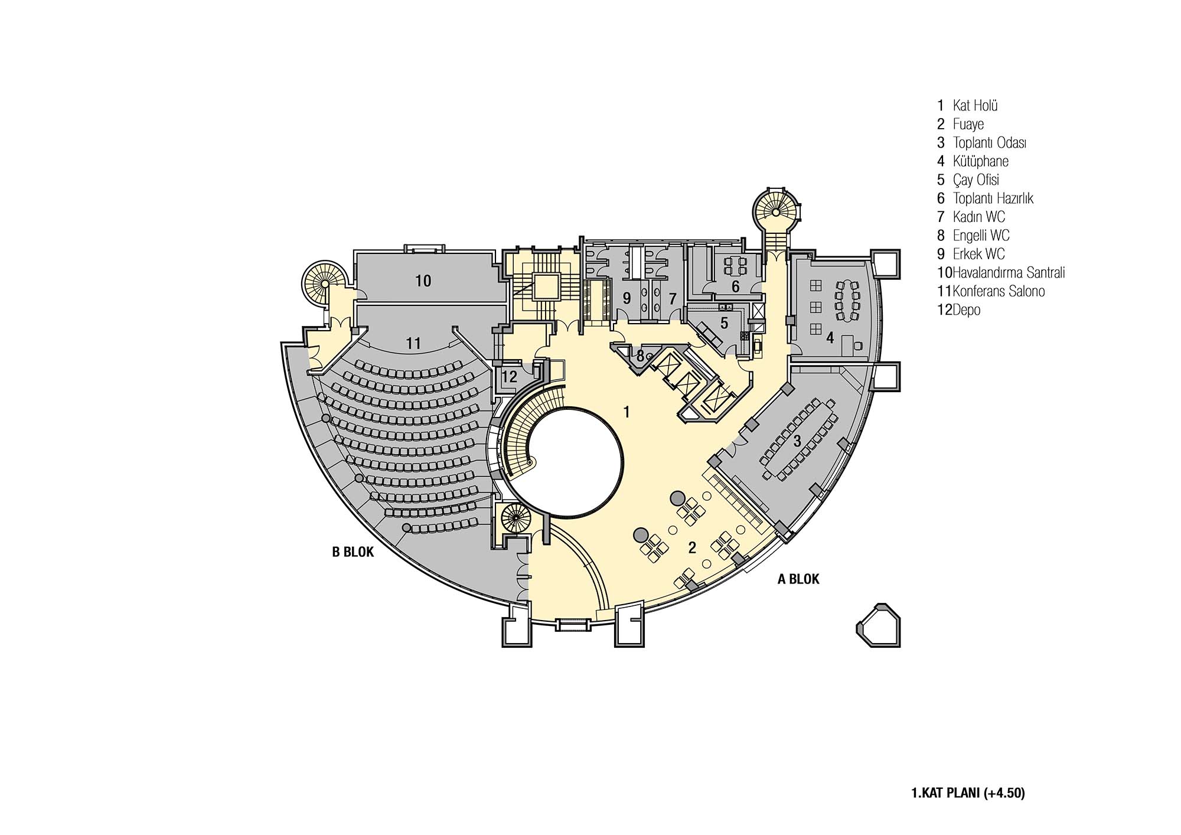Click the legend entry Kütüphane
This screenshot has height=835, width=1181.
(980, 161)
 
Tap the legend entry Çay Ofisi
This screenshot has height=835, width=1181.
(976, 180)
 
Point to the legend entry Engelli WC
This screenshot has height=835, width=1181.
(981, 236)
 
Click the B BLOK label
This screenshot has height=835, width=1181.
(353, 552)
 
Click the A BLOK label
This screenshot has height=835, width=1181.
(798, 579)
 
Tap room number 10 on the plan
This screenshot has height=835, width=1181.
(423, 281)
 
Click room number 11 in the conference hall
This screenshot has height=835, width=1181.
(413, 343)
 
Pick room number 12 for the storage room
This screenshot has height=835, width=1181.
(509, 376)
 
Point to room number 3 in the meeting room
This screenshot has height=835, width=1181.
(797, 441)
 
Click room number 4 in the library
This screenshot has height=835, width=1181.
(830, 338)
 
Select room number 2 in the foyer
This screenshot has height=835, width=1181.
(692, 548)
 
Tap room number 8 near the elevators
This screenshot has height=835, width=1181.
(640, 356)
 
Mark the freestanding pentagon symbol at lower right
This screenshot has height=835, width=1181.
(879, 625)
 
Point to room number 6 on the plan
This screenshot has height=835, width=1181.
(735, 287)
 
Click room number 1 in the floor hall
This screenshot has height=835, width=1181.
(627, 412)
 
